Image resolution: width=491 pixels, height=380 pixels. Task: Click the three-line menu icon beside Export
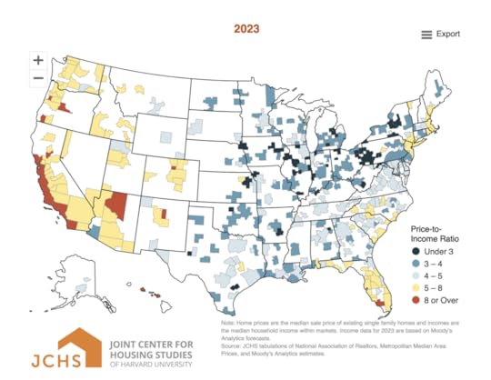coord(426,35)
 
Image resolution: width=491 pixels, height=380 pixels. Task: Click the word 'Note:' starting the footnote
coord(229,323)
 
